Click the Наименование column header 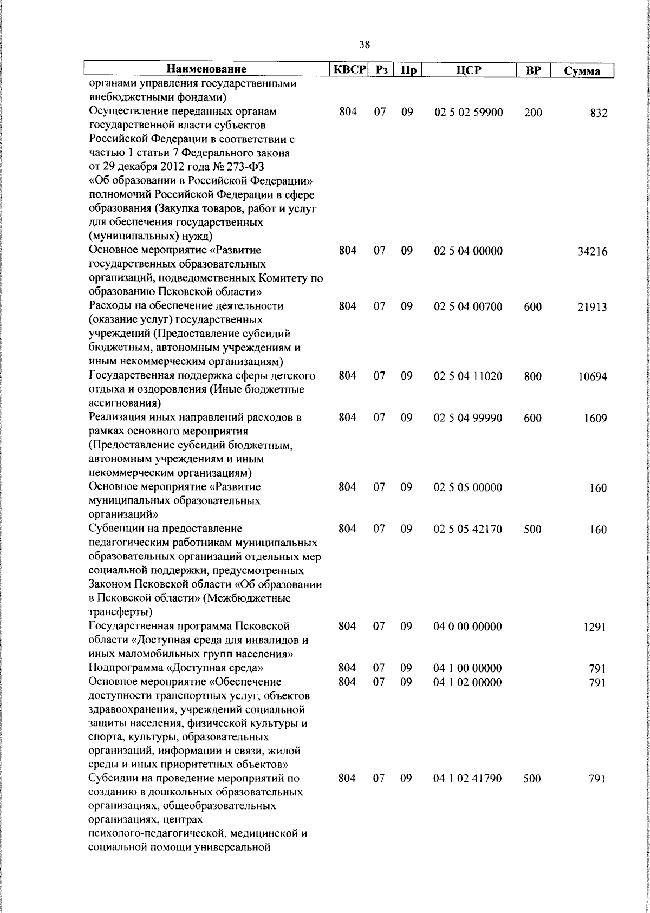click(x=206, y=69)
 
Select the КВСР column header click(x=349, y=69)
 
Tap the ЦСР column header click(x=469, y=70)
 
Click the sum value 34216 click(x=592, y=252)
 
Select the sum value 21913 click(x=592, y=307)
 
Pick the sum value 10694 click(x=592, y=376)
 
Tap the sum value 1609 click(x=595, y=418)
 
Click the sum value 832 click(x=599, y=113)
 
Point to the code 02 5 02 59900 click(x=469, y=113)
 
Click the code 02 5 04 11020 click(x=469, y=376)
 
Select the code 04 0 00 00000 click(x=468, y=627)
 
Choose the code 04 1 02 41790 click(x=468, y=779)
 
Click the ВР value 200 click(x=533, y=113)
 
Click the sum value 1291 click(x=595, y=627)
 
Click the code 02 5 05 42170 click(x=468, y=529)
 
